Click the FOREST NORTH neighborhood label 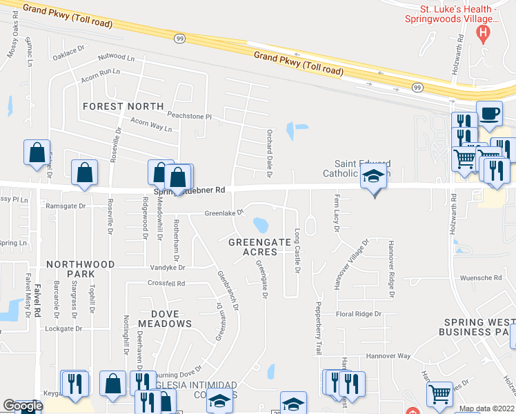coord(123,106)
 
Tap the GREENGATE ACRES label coord(252,246)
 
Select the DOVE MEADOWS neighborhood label coord(164,318)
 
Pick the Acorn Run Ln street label coord(100,72)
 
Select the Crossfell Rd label coord(166,284)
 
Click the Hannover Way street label coord(389,355)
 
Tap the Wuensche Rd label coord(481,277)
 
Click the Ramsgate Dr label coord(65,205)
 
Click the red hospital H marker coord(484,32)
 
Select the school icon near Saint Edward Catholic coord(373,177)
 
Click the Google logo coord(23,406)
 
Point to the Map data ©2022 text coord(486,408)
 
